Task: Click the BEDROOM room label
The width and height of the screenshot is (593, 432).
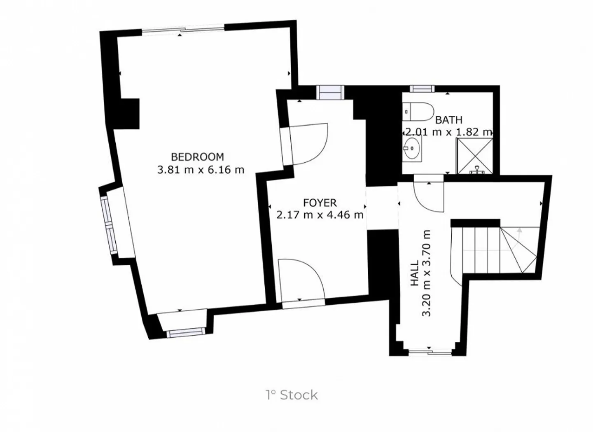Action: pyautogui.click(x=197, y=157)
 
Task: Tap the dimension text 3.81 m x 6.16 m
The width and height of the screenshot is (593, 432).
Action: pyautogui.click(x=201, y=170)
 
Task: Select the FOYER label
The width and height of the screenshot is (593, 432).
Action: pyautogui.click(x=320, y=203)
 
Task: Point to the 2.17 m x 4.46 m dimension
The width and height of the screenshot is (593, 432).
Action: pyautogui.click(x=320, y=215)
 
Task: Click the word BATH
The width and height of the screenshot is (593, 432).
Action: pyautogui.click(x=448, y=120)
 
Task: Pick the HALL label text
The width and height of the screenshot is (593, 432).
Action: pyautogui.click(x=414, y=273)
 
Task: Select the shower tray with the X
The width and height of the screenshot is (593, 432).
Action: pyautogui.click(x=474, y=156)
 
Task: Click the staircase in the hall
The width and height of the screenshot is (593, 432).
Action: pyautogui.click(x=494, y=249)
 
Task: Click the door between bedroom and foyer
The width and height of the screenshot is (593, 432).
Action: pyautogui.click(x=308, y=144)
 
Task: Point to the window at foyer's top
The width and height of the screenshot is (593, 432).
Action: pyautogui.click(x=330, y=92)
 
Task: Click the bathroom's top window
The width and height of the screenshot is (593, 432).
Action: pyautogui.click(x=422, y=89)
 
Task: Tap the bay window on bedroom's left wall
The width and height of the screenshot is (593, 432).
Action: pyautogui.click(x=108, y=224)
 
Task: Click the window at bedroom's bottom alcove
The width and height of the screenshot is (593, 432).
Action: pyautogui.click(x=186, y=332)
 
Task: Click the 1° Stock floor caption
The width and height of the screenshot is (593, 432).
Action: pyautogui.click(x=292, y=395)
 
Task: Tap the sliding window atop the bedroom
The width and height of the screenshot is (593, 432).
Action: pyautogui.click(x=183, y=30)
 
